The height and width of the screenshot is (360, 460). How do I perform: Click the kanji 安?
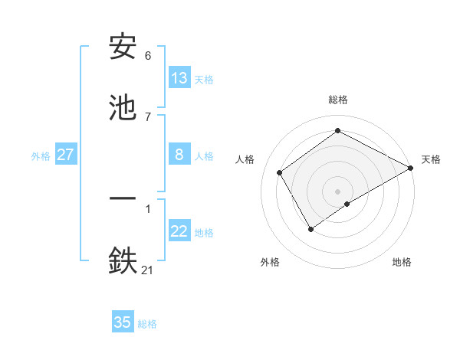123,48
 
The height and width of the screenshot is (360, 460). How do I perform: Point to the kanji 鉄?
123,259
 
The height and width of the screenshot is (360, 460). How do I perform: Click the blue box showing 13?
179,78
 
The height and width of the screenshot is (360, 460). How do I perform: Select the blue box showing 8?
179,155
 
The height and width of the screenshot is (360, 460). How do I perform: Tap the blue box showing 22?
179,232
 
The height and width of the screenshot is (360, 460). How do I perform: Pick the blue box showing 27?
66,155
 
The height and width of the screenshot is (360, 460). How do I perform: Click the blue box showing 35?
123,322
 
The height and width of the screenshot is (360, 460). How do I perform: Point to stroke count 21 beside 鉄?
148,269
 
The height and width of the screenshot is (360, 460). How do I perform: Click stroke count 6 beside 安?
148,56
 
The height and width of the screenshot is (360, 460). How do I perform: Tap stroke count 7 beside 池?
148,116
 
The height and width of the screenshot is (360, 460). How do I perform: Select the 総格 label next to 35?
147,324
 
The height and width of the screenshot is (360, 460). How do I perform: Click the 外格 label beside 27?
41,156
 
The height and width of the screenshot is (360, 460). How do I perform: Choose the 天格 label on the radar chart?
431,159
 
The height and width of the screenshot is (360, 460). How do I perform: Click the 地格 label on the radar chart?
402,262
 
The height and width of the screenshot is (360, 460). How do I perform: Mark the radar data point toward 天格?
411,168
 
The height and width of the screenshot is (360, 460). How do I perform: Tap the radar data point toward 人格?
280,172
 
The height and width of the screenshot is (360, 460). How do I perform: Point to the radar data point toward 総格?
337,131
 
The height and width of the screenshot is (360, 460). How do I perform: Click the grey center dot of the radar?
337,191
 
